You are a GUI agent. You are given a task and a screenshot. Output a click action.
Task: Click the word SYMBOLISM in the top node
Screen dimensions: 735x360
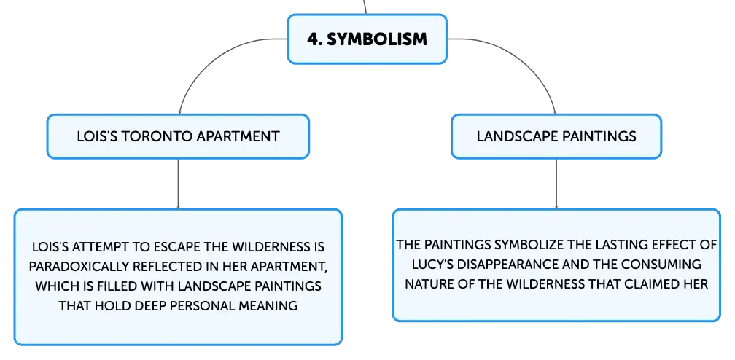point(377,39)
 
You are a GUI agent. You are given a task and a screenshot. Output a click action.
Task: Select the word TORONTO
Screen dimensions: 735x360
point(157,136)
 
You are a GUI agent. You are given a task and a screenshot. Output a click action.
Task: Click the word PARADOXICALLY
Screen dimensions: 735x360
point(77,266)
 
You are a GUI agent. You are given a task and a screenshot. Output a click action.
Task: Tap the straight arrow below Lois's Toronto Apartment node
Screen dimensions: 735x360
point(178,184)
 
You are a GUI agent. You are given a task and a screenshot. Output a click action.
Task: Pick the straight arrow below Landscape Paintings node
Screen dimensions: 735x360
point(556,184)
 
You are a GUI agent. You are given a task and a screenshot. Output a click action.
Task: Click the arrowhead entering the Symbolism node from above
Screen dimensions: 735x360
point(365,12)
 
